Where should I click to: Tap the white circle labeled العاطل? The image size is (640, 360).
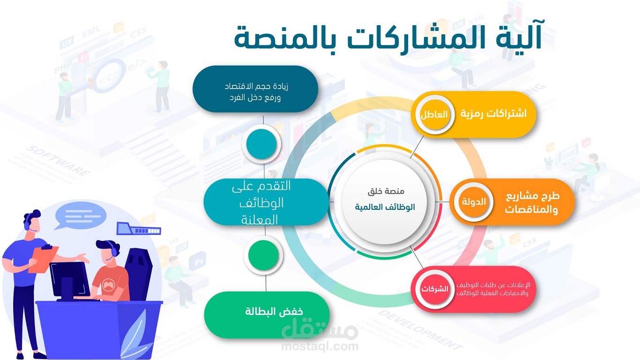pos(434,114)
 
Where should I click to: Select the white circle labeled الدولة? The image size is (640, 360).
pos(474,202)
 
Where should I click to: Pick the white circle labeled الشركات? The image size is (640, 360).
pos(434,289)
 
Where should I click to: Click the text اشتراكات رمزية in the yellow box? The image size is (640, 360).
pos(493,113)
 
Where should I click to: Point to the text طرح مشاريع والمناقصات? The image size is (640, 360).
pos(532,203)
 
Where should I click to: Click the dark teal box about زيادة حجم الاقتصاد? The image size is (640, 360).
pos(255,89)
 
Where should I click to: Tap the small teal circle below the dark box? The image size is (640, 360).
pos(261,144)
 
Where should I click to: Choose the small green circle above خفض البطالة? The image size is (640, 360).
pos(263,255)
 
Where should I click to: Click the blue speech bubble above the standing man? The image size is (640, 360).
pos(80,216)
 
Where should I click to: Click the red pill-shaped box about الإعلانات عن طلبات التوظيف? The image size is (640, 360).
pos(473,289)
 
